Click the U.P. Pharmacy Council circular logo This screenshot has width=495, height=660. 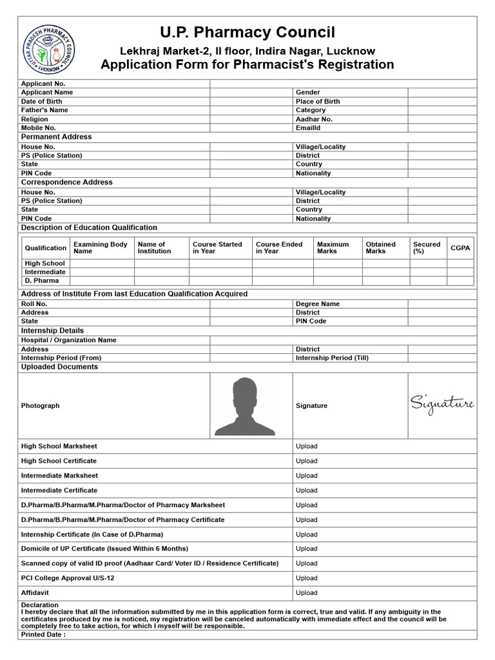coord(49,50)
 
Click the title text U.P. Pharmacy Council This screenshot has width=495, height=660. coord(247,33)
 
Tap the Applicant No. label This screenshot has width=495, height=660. coord(43,84)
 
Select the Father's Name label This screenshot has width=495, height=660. coord(44,110)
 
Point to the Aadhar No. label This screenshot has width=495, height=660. coord(314,119)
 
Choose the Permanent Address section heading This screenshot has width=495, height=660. coord(56,137)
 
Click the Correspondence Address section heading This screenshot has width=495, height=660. coord(66,182)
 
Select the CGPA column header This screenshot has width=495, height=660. coord(460,247)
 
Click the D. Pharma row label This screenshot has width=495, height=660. coord(42,281)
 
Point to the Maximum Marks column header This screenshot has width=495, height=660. coord(333,247)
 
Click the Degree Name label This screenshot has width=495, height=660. coord(318,304)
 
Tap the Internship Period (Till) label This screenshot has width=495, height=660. coord(332,358)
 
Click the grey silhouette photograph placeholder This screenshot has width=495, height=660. coord(245,406)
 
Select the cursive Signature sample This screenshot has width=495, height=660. coord(442,405)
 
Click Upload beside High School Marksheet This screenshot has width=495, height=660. coord(307,446)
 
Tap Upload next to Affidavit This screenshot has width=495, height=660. coord(307,593)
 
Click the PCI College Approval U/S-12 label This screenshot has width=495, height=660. coord(68,578)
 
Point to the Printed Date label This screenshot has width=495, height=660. coord(43,634)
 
